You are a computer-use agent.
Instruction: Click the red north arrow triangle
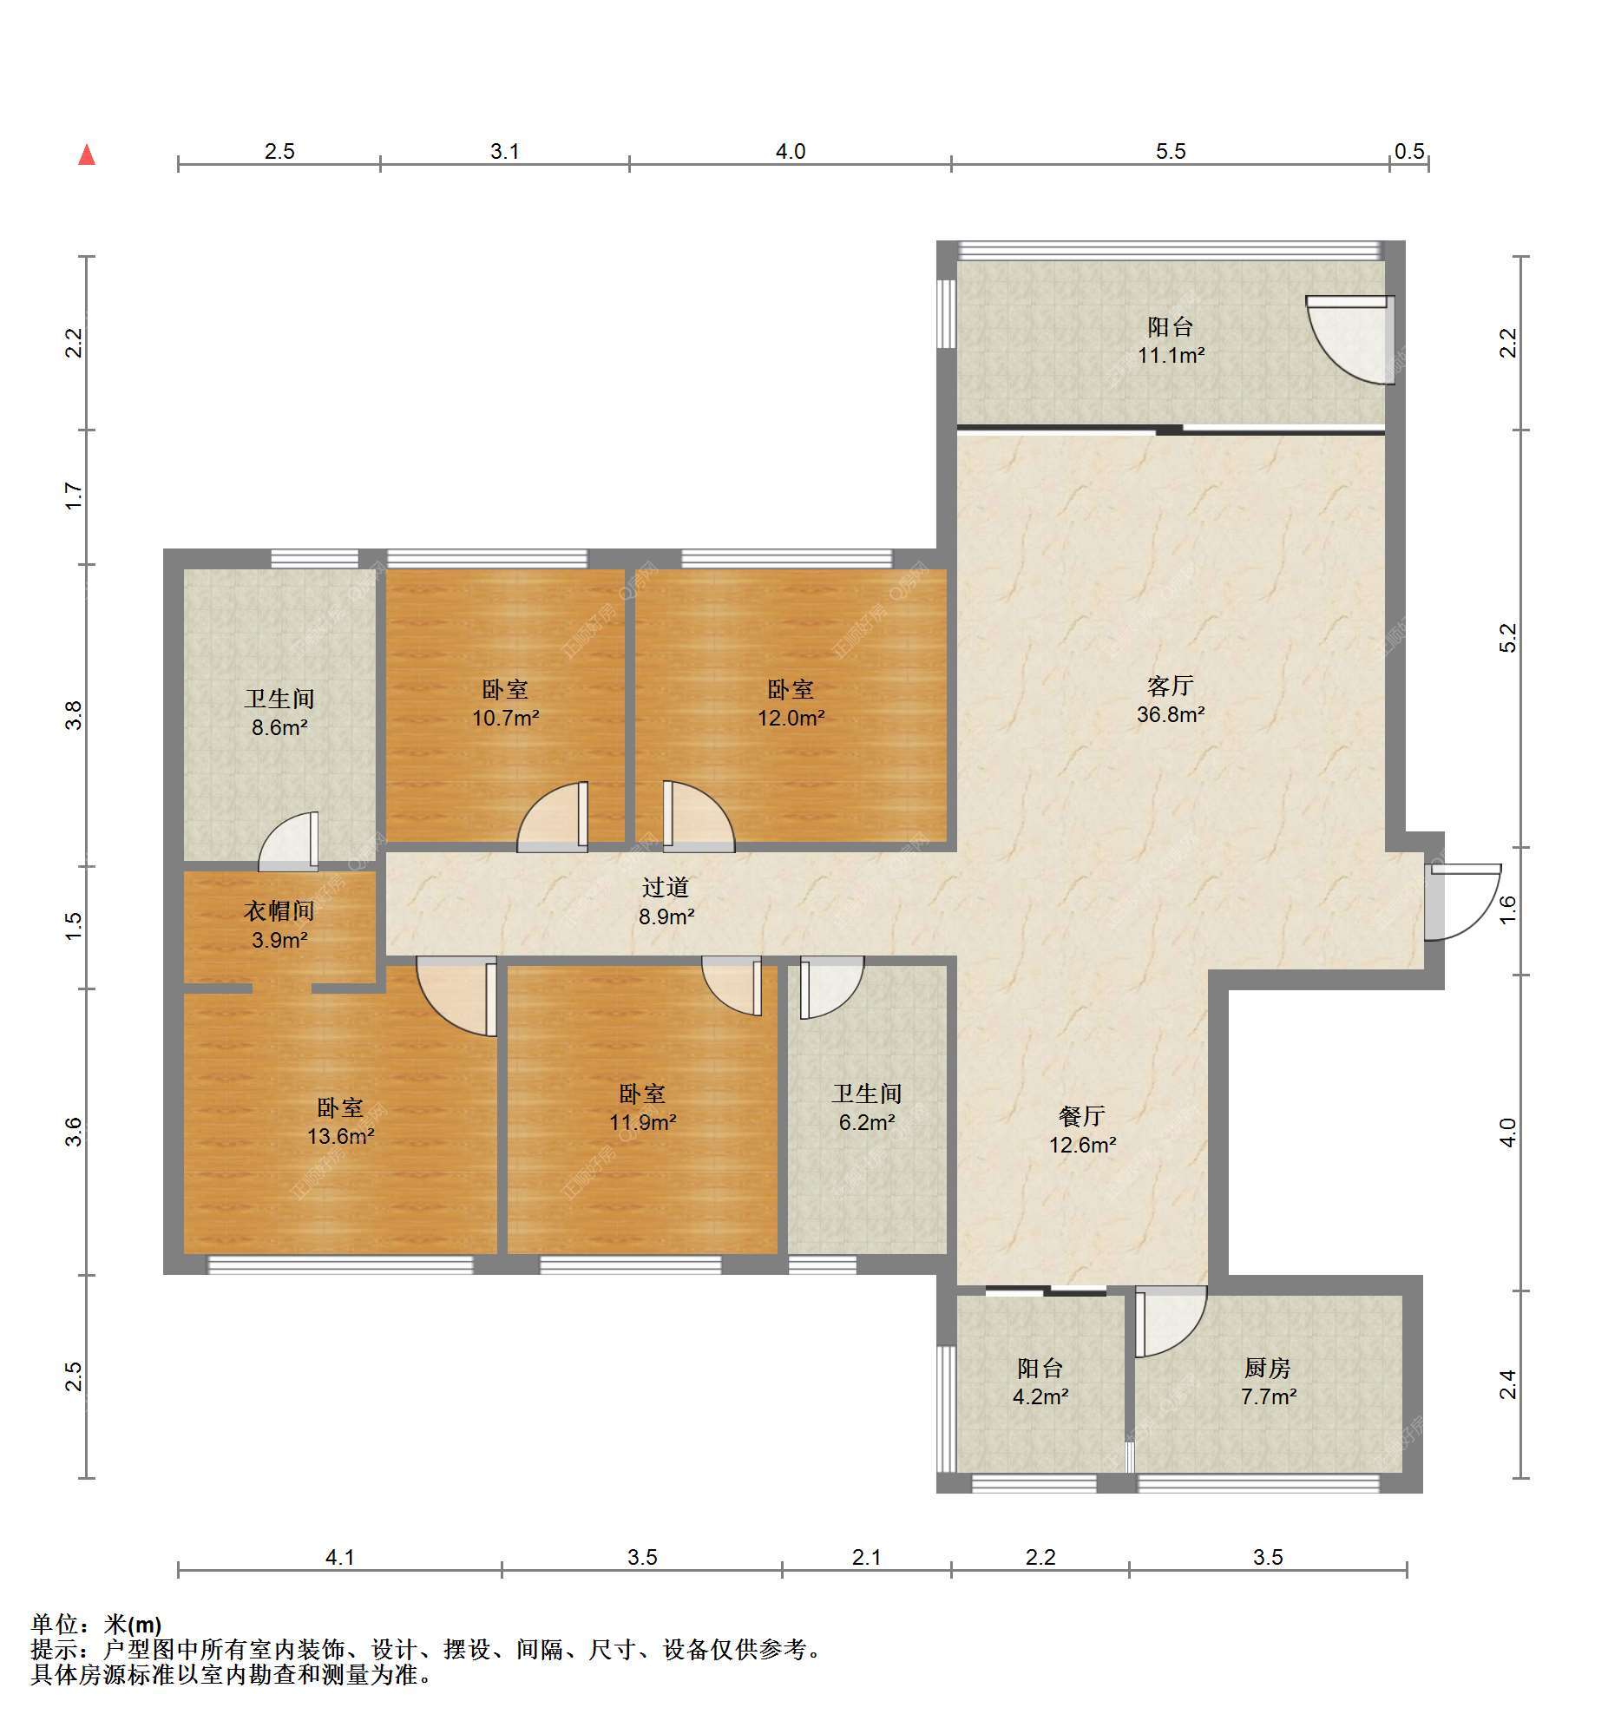(87, 154)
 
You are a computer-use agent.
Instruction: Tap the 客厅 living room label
(1171, 686)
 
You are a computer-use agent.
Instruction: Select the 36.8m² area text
(1171, 715)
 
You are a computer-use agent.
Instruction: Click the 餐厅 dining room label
(1082, 1116)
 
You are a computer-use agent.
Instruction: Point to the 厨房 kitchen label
(1268, 1369)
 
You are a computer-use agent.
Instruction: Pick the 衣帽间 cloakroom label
(279, 911)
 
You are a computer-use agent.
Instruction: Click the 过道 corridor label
(666, 888)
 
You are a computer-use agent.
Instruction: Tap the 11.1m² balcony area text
(1172, 356)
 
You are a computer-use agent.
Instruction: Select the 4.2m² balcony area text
(1040, 1397)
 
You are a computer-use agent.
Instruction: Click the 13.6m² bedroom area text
(340, 1136)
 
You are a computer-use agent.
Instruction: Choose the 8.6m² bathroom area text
(279, 727)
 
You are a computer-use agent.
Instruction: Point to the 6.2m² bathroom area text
(867, 1122)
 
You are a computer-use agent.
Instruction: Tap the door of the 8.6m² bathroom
(289, 841)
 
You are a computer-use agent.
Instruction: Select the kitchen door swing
(1172, 1321)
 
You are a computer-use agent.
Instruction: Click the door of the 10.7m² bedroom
(553, 817)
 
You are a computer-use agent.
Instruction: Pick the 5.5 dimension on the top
(1171, 151)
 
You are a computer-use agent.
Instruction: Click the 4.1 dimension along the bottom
(340, 1557)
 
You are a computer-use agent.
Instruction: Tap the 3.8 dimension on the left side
(74, 715)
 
